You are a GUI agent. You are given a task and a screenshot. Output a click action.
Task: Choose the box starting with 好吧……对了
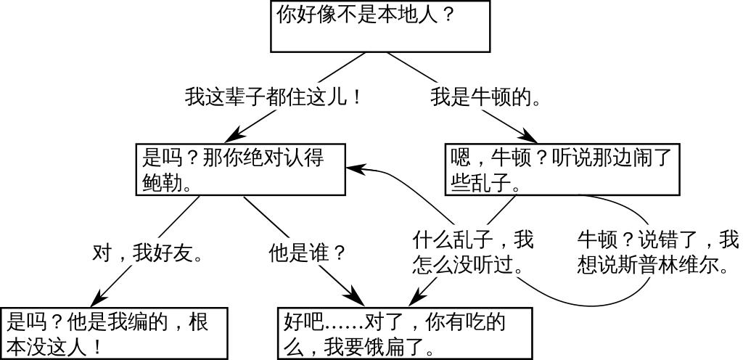(x=405, y=333)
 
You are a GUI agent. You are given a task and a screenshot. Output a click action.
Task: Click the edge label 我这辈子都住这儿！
(x=274, y=97)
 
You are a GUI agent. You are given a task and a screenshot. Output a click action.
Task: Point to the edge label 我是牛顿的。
(x=485, y=97)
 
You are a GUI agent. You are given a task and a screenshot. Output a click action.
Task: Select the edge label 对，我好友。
(x=147, y=253)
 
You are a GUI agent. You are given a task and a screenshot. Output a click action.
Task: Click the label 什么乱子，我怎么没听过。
(x=472, y=251)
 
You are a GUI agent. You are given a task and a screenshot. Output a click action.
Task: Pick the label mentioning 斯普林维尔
(x=657, y=251)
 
